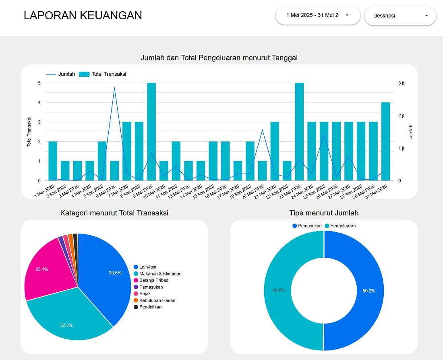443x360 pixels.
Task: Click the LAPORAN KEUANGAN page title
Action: tap(83, 15)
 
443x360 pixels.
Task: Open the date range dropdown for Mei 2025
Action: tap(317, 15)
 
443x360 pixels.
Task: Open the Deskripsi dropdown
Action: tap(400, 16)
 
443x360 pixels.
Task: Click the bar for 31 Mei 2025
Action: tap(385, 141)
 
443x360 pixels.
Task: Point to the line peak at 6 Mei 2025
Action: tap(114, 87)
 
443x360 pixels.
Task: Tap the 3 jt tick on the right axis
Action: tap(401, 83)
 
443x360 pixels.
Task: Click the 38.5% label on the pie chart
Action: tap(115, 273)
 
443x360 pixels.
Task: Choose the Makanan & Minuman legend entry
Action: tap(160, 274)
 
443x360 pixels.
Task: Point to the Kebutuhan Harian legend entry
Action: tap(157, 300)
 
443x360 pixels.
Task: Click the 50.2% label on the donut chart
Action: tap(368, 291)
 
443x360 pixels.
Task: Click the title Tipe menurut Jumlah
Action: tap(324, 213)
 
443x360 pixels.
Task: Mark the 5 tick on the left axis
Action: tap(39, 83)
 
